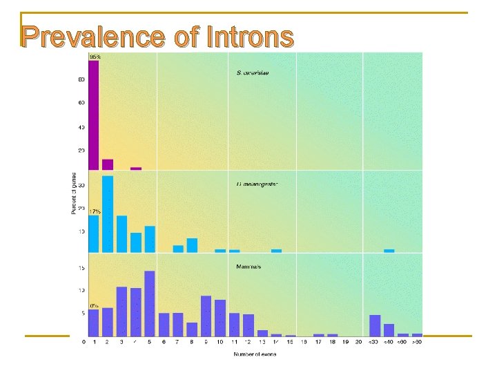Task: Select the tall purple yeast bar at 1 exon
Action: [x=93, y=115]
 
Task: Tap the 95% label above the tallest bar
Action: [x=95, y=57]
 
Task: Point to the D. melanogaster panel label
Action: [x=256, y=184]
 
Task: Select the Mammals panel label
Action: [x=248, y=266]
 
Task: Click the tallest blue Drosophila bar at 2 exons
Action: [x=108, y=214]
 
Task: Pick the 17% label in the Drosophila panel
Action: [x=95, y=211]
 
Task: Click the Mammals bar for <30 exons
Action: [x=375, y=325]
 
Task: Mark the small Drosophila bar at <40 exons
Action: [x=389, y=251]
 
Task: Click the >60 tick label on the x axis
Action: [x=417, y=342]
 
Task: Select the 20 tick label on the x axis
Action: [x=358, y=342]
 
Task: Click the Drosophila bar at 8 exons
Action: [x=192, y=245]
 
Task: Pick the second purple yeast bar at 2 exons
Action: [x=108, y=164]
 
